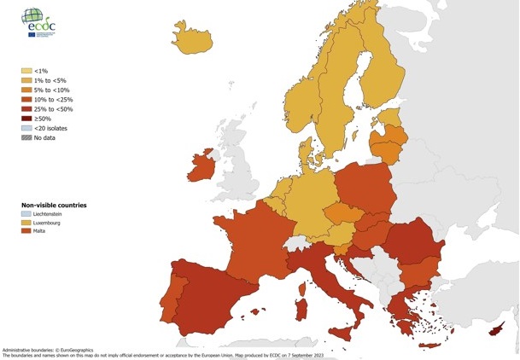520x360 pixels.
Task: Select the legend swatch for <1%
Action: pos(26,71)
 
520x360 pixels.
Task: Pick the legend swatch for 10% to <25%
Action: pos(26,100)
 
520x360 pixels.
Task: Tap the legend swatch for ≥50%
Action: pos(26,119)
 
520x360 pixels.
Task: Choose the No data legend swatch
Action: pos(26,137)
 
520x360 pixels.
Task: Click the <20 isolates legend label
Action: pos(50,128)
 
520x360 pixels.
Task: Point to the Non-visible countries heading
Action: pos(54,205)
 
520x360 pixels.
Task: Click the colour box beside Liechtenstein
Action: pos(26,213)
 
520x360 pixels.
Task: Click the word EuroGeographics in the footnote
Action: pos(94,350)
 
